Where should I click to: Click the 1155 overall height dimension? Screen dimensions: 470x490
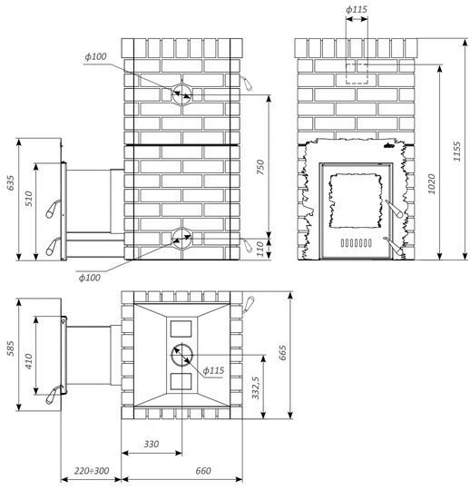click(457, 152)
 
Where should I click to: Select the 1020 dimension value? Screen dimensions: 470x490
click(431, 184)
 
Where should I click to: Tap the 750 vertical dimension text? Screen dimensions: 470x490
click(260, 167)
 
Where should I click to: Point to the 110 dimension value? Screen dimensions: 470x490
click(260, 249)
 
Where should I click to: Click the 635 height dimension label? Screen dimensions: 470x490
click(11, 182)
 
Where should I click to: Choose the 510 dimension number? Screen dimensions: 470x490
click(29, 199)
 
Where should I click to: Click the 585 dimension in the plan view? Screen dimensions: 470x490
click(11, 348)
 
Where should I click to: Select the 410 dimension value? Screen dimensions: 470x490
click(29, 361)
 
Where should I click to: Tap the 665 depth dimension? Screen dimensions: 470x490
click(282, 352)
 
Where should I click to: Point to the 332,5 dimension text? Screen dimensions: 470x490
click(256, 387)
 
